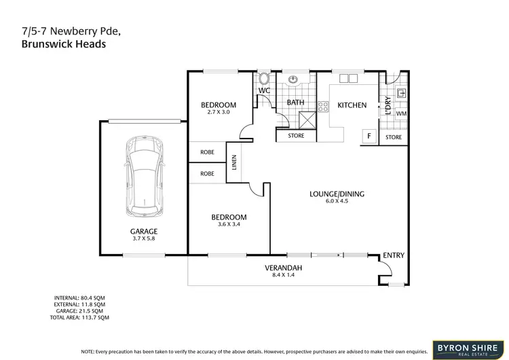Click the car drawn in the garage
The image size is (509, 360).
coord(143,174)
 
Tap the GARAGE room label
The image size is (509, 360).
coord(143,231)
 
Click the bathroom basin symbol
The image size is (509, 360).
coord(293,79)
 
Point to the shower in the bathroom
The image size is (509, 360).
coord(306,120)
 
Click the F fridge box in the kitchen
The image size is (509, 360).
coord(369,135)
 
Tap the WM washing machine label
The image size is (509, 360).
coord(400,114)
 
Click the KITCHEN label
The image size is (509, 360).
coord(352,105)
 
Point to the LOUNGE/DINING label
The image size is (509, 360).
coord(337,194)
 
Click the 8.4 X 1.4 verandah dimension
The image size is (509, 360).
coord(283,276)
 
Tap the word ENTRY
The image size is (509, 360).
coord(394,255)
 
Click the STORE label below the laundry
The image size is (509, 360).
coord(394,137)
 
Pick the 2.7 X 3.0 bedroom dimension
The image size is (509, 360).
coord(219,112)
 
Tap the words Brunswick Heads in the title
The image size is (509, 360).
coord(58,43)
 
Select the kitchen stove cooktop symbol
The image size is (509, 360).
coord(322,106)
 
